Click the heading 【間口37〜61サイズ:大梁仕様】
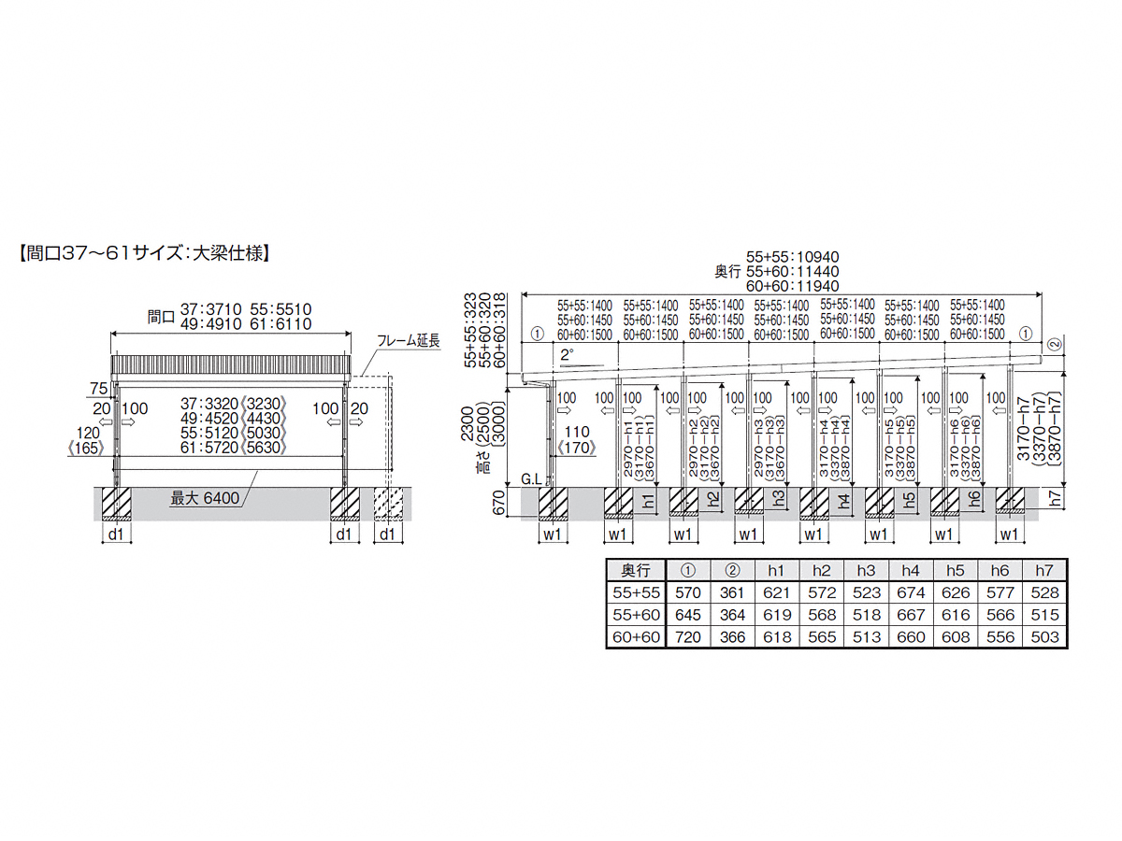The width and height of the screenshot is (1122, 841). pyautogui.click(x=144, y=252)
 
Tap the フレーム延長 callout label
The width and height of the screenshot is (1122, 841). pyautogui.click(x=410, y=342)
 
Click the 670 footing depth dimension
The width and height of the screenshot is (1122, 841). pyautogui.click(x=499, y=505)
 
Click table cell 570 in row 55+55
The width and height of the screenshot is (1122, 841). pyautogui.click(x=687, y=592)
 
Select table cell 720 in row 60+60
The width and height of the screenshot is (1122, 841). pyautogui.click(x=687, y=637)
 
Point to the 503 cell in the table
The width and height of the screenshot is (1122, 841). pyautogui.click(x=1047, y=637)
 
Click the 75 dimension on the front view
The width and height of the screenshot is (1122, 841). pyautogui.click(x=97, y=389)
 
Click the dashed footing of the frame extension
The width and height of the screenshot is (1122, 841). pyautogui.click(x=389, y=503)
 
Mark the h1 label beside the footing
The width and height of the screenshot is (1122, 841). pyautogui.click(x=648, y=500)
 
